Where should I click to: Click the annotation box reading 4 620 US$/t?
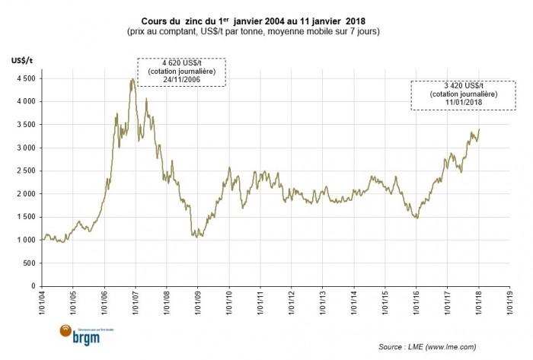click(181, 72)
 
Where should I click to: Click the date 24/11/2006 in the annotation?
click(181, 81)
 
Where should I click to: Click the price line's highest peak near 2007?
click(132, 78)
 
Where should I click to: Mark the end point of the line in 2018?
click(479, 129)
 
